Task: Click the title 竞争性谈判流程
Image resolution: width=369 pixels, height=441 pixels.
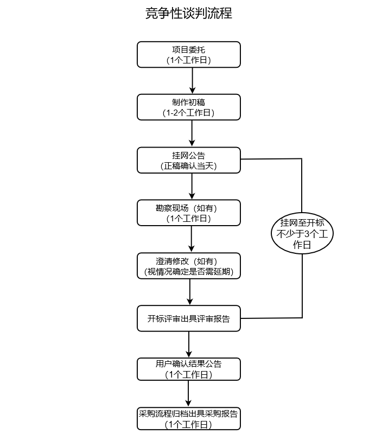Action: [x=188, y=14]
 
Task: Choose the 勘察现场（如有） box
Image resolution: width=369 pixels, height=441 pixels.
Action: [x=188, y=213]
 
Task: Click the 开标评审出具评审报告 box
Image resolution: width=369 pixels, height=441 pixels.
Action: [x=188, y=318]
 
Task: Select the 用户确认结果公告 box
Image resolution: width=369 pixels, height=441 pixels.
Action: [x=188, y=369]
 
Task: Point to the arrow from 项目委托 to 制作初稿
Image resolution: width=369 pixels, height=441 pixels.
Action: [x=192, y=80]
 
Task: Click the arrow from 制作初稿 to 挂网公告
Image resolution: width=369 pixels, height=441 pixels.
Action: [x=192, y=133]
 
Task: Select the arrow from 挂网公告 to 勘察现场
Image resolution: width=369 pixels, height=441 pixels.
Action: [x=192, y=186]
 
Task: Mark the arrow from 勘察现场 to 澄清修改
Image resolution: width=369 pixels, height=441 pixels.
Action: [x=192, y=239]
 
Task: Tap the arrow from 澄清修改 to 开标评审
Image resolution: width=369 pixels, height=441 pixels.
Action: [x=190, y=292]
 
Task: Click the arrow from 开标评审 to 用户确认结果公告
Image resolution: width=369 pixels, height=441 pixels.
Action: [x=189, y=343]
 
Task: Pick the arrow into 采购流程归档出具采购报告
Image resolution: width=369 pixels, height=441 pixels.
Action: [x=188, y=393]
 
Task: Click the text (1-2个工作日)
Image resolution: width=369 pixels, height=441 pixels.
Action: [x=188, y=113]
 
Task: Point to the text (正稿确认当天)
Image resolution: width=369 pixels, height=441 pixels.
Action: [x=188, y=166]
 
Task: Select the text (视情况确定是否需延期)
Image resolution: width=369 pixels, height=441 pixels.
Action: [x=188, y=272]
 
